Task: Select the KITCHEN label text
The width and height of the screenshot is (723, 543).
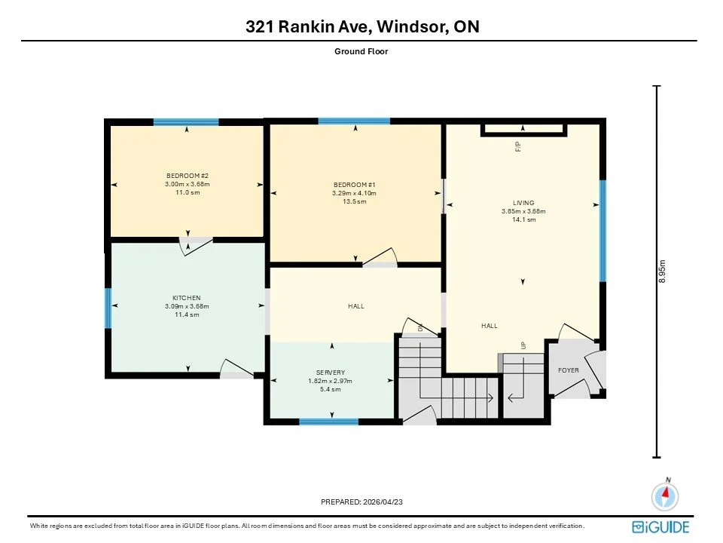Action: point(187,298)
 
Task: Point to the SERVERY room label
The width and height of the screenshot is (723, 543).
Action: point(331,372)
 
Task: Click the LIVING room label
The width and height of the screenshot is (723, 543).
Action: point(523,203)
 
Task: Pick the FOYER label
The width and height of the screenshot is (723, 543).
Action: point(568,370)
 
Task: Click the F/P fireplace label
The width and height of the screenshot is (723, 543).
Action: point(518,147)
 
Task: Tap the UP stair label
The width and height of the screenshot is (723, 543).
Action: point(523,345)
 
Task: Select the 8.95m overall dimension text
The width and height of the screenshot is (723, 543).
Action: point(662,271)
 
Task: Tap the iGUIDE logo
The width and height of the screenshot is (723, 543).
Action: point(660,527)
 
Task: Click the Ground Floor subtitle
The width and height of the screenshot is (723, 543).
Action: point(361,51)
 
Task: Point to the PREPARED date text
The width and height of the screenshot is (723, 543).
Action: point(361,502)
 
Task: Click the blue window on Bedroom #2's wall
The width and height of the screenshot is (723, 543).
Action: point(186,122)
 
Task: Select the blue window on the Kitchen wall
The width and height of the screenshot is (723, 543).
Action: point(108,308)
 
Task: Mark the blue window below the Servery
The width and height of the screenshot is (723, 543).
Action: point(329,422)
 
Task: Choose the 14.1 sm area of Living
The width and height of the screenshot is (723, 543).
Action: point(524,219)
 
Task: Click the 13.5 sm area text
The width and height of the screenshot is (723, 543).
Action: point(354,201)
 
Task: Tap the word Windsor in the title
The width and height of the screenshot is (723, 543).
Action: point(411,26)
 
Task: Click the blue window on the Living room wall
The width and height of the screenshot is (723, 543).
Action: point(602,231)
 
